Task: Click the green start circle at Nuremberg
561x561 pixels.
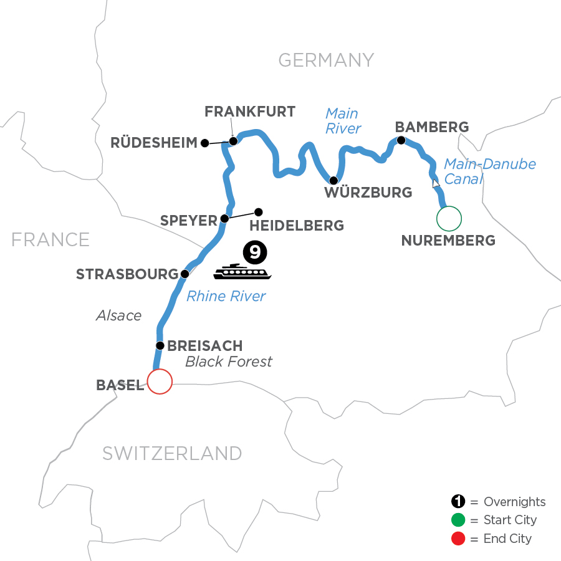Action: tap(449, 218)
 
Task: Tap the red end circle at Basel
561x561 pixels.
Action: tap(159, 381)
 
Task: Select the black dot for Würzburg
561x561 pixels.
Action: tap(333, 181)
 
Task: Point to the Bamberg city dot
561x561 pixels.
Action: tap(401, 140)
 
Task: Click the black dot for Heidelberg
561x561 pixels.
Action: tap(259, 211)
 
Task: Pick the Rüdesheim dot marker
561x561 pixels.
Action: tap(204, 143)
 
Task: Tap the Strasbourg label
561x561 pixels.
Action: tap(127, 274)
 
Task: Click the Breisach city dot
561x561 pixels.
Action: tap(160, 345)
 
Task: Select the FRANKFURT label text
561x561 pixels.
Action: tap(250, 112)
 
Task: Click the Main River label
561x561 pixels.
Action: tap(343, 121)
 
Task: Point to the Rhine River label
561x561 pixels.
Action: tap(226, 297)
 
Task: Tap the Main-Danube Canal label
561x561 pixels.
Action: tap(489, 172)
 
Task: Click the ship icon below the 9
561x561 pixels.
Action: tap(243, 271)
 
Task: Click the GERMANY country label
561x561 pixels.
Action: tap(326, 60)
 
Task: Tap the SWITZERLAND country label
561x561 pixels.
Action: tap(171, 453)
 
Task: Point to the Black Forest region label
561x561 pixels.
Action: tap(229, 362)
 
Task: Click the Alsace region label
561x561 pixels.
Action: tap(118, 315)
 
